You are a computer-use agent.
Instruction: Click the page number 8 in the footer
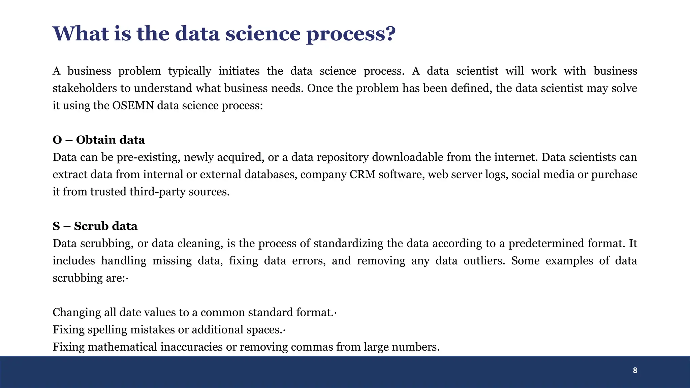tap(635, 370)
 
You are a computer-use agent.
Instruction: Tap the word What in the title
tap(81, 34)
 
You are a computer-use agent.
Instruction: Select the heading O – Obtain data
tap(99, 140)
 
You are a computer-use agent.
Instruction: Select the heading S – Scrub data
tap(95, 226)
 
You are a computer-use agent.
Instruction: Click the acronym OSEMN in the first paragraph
tap(133, 105)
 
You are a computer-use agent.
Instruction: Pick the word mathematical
tap(122, 347)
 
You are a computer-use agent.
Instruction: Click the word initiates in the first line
tap(239, 71)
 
